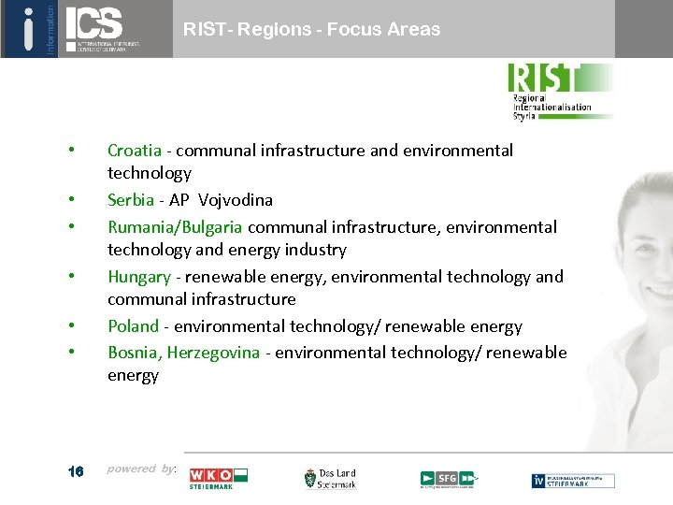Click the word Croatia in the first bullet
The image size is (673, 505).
pyautogui.click(x=134, y=151)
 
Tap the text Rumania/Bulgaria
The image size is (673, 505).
pyautogui.click(x=175, y=227)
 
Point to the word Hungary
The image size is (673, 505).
pyautogui.click(x=139, y=277)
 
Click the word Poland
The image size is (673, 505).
pyautogui.click(x=134, y=326)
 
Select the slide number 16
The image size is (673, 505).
pyautogui.click(x=76, y=471)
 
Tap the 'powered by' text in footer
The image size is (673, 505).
pyautogui.click(x=140, y=469)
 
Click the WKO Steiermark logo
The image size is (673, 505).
pyautogui.click(x=218, y=479)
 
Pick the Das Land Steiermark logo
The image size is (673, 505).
pyautogui.click(x=330, y=479)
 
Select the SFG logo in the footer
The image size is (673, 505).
pyautogui.click(x=448, y=479)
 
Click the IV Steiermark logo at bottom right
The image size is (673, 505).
pyautogui.click(x=573, y=481)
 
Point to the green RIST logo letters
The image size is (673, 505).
pyautogui.click(x=546, y=78)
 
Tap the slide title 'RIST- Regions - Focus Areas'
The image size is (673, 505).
pyautogui.click(x=311, y=30)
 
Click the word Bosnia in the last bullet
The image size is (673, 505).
pyautogui.click(x=134, y=353)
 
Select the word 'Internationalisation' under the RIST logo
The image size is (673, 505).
pyautogui.click(x=551, y=107)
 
